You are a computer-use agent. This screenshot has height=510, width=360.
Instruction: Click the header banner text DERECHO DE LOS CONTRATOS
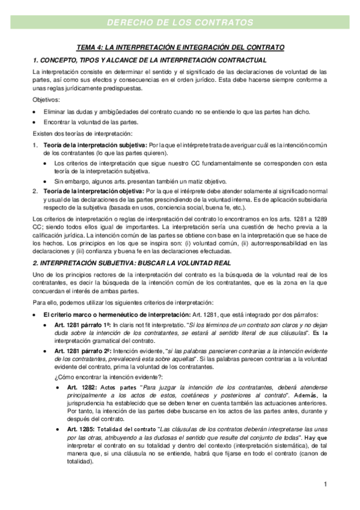click(x=180, y=23)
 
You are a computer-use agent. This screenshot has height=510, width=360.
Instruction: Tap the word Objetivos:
click(x=46, y=100)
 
